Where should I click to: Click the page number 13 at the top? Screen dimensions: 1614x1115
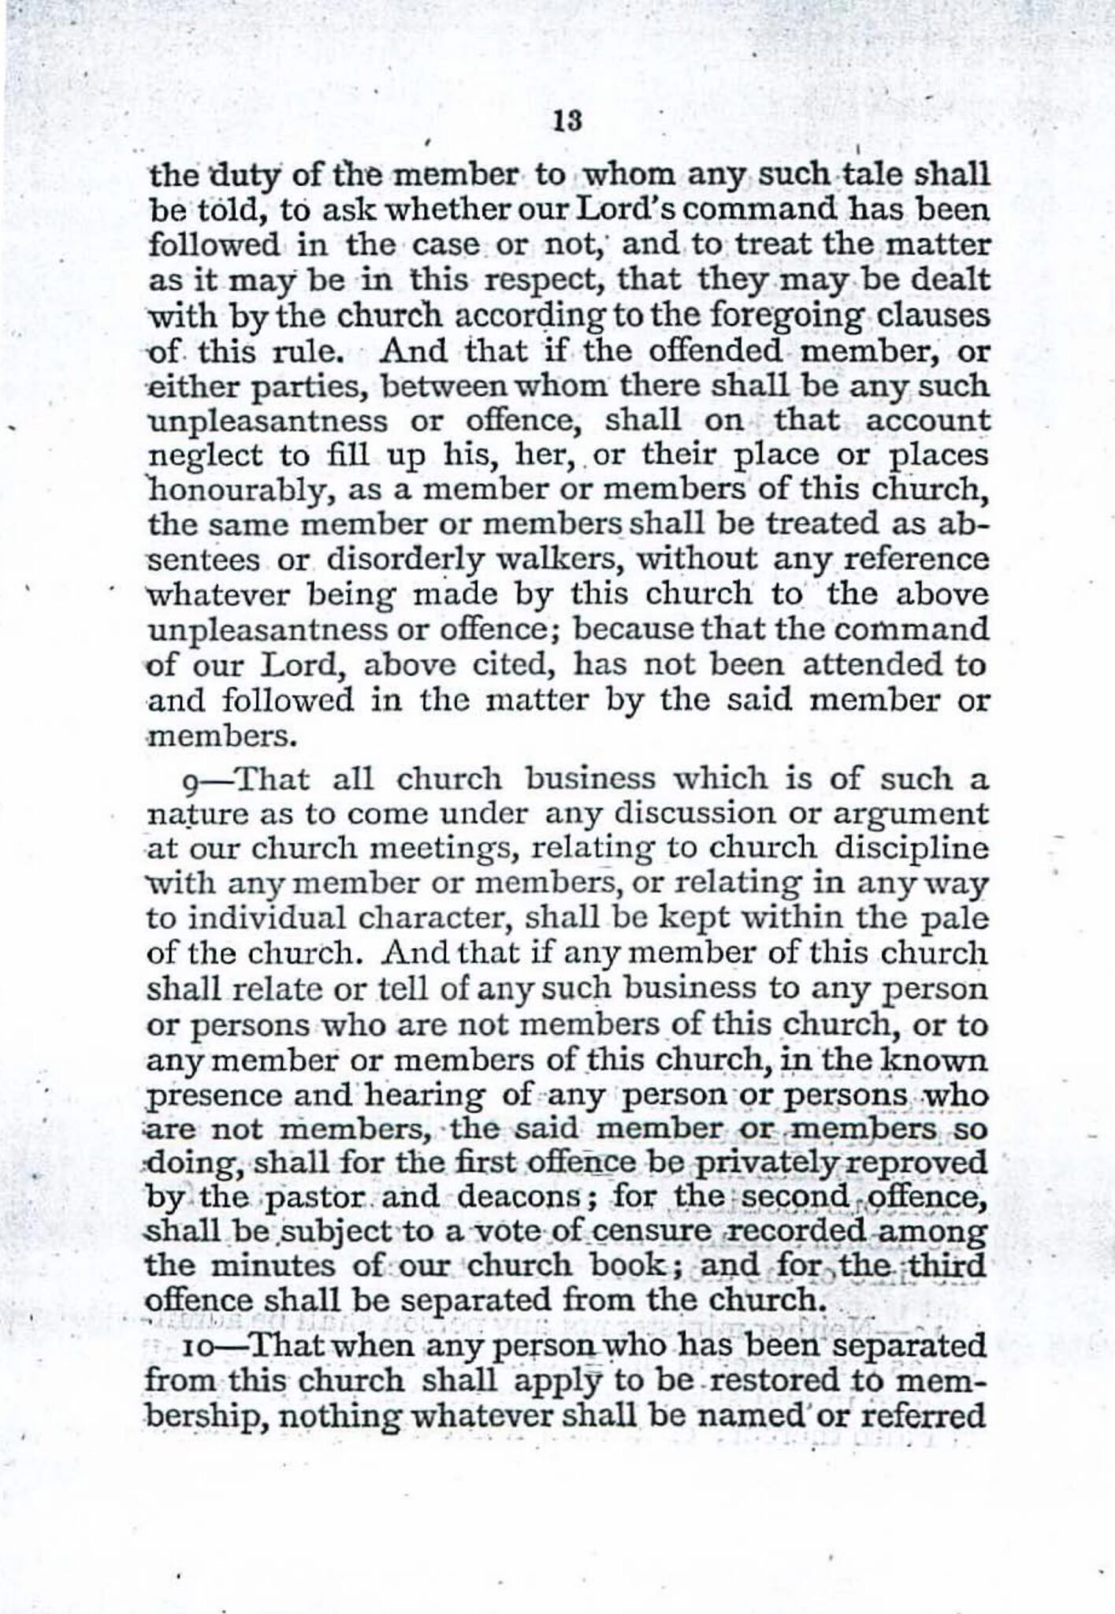click(x=567, y=122)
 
